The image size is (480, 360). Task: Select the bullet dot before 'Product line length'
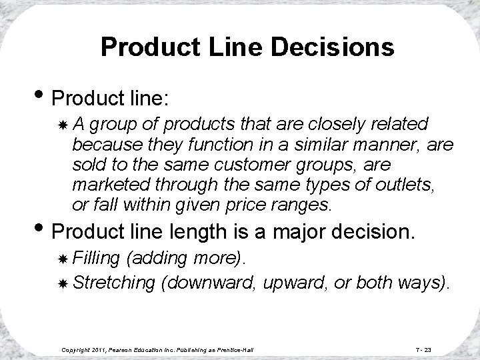(40, 233)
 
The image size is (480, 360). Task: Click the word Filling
(96, 257)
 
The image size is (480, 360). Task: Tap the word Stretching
(114, 283)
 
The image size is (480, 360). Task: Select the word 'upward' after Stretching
(291, 283)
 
